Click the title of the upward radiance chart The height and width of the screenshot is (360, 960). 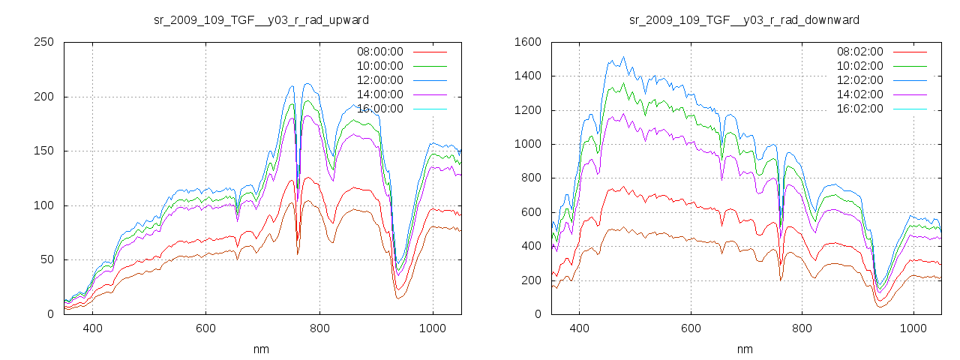pos(261,19)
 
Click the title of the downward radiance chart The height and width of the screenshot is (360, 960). pos(744,19)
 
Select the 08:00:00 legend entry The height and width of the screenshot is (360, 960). pos(379,52)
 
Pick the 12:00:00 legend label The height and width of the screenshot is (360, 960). pos(379,80)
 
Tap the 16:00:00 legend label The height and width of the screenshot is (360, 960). pos(379,109)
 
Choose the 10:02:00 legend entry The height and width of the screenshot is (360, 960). pos(859,66)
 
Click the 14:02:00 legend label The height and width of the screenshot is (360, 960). pos(859,94)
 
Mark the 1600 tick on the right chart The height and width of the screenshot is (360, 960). pos(527,42)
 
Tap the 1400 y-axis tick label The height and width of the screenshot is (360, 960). pos(527,76)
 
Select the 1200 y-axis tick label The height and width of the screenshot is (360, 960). pos(527,110)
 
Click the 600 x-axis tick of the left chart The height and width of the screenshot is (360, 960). pos(205,328)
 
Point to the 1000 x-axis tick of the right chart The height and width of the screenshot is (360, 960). pos(913,328)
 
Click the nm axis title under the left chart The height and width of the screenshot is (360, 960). pos(261,349)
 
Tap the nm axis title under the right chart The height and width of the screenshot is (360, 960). pos(744,349)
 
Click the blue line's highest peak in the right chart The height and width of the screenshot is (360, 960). pos(623,57)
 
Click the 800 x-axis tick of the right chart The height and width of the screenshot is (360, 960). pos(802,328)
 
